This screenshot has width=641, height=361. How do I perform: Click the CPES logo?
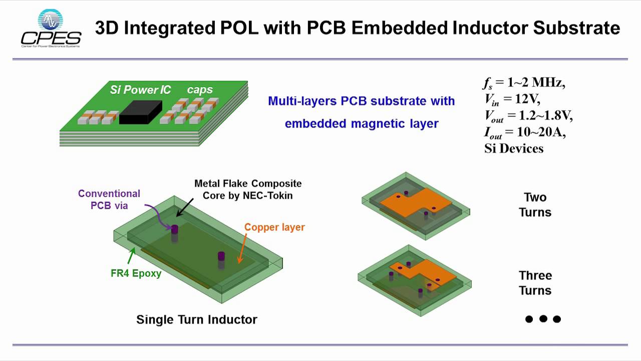[51, 29]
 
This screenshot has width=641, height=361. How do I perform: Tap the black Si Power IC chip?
[140, 112]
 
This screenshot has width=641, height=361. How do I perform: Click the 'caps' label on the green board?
[200, 90]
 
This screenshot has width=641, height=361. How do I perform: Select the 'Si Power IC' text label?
[140, 90]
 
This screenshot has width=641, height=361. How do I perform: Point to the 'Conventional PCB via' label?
[109, 199]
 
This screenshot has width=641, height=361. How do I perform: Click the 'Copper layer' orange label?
[274, 227]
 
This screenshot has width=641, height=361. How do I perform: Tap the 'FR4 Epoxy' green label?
[136, 274]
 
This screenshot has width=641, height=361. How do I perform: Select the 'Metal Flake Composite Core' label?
[248, 189]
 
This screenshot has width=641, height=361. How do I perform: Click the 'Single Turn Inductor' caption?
[197, 319]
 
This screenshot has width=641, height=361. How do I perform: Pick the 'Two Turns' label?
[535, 205]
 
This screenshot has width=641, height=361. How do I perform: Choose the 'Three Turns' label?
[535, 283]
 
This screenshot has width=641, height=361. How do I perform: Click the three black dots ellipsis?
[543, 319]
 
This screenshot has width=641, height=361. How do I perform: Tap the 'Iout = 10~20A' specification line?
[524, 132]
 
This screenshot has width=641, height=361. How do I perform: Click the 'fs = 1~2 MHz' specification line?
[523, 82]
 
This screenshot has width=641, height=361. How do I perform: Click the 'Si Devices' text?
[513, 148]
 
